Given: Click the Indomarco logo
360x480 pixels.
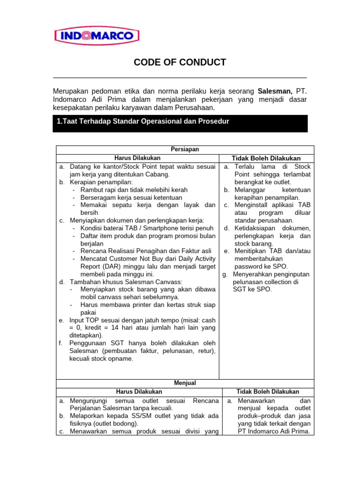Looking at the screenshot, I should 97,36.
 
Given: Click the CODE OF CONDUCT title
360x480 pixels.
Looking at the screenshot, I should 180,62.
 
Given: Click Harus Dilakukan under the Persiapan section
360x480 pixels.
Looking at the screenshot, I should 137,158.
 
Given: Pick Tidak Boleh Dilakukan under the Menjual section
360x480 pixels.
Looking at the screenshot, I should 268,392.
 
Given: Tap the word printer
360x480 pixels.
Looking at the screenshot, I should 154,305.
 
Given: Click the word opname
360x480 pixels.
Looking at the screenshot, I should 122,359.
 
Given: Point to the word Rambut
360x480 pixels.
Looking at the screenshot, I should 92,190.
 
